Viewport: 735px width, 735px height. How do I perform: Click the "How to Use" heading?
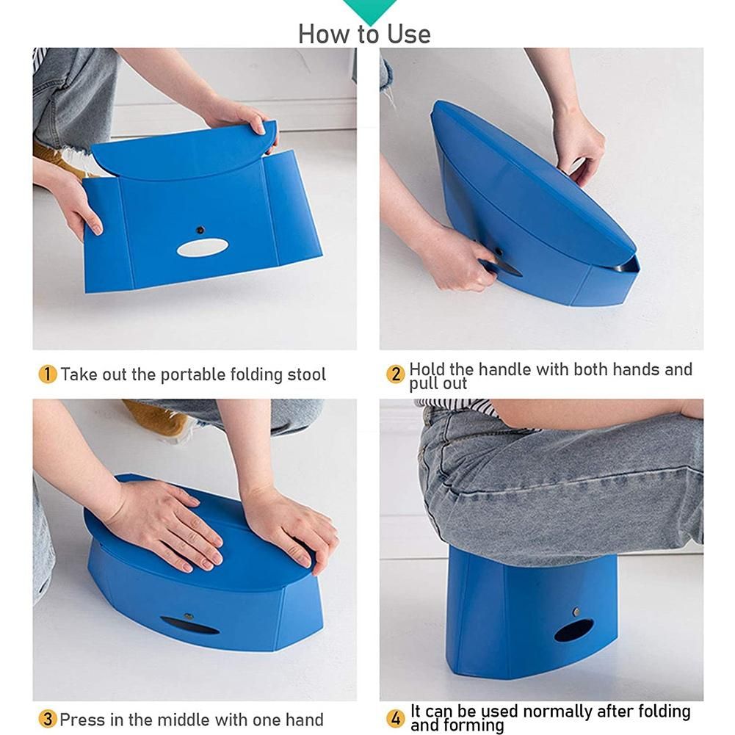(364, 35)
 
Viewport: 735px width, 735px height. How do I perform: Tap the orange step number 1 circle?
(47, 374)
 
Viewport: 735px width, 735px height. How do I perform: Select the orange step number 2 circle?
(395, 374)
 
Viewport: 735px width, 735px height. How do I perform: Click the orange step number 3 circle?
(47, 719)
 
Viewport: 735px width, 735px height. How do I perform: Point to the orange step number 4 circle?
(395, 718)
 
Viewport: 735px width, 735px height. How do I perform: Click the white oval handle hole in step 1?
(203, 247)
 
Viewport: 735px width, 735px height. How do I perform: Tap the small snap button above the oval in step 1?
(200, 230)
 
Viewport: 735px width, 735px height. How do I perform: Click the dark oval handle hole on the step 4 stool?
(573, 631)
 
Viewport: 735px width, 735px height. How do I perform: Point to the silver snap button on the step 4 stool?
(576, 611)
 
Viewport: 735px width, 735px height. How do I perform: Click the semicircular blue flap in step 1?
(184, 149)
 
